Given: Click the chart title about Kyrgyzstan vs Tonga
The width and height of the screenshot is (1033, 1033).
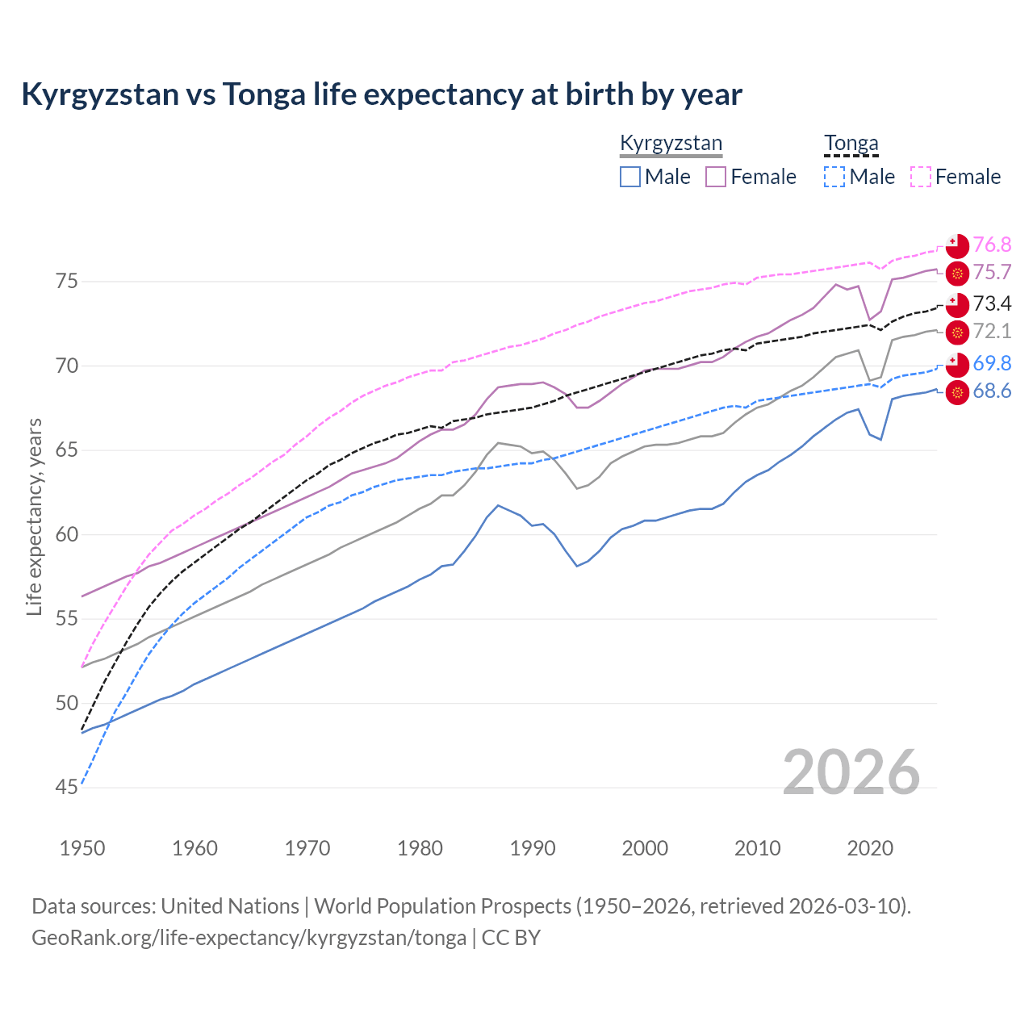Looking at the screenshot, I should click(x=381, y=94).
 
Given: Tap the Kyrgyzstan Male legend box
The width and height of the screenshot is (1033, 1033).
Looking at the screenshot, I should click(x=630, y=177).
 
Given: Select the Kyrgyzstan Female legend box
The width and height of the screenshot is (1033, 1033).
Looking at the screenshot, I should click(x=716, y=177).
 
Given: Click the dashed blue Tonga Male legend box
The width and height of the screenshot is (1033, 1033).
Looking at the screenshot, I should click(x=834, y=177).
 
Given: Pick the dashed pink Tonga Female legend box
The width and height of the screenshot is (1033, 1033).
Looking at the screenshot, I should click(x=921, y=177).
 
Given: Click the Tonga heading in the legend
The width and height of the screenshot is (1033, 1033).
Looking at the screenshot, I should click(x=851, y=144).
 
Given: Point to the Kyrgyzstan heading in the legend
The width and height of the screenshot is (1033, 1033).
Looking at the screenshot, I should click(x=671, y=144).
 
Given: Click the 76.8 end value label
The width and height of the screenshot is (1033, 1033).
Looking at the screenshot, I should click(x=992, y=245).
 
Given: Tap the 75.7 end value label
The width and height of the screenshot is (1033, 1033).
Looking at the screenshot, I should click(x=992, y=272).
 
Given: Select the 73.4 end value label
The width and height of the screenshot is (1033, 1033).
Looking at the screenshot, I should click(x=992, y=303).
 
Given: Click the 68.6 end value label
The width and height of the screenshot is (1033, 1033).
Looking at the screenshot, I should click(x=992, y=391).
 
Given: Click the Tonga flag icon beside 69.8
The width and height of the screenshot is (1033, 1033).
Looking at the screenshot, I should click(x=957, y=365).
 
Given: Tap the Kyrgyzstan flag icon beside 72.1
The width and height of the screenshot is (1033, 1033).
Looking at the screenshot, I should click(x=957, y=332).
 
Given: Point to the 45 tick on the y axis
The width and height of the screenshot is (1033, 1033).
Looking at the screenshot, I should click(x=67, y=787).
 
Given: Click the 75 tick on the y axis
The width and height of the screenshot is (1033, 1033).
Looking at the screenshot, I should click(x=67, y=282).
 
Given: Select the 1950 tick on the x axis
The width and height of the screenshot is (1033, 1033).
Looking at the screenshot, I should click(x=82, y=848).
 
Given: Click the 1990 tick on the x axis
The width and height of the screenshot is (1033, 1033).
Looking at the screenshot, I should click(x=533, y=848).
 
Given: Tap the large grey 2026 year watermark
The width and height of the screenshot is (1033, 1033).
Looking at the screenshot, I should click(x=851, y=772).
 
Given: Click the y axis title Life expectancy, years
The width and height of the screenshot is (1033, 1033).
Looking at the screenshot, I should click(x=34, y=516).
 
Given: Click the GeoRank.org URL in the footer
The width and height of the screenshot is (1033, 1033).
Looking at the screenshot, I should click(x=249, y=938).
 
